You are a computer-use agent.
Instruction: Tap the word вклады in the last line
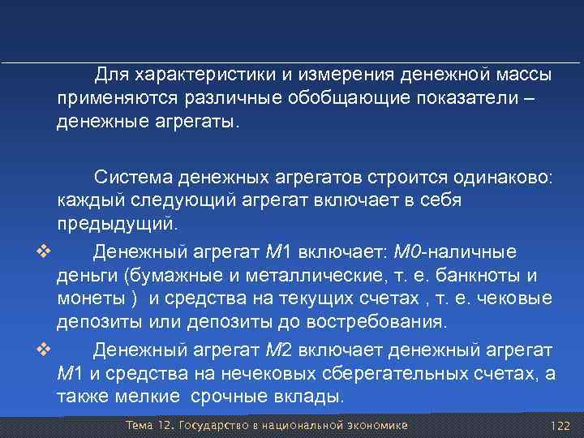313,397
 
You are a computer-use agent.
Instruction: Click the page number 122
560,426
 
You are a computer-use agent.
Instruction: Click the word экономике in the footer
376,426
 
